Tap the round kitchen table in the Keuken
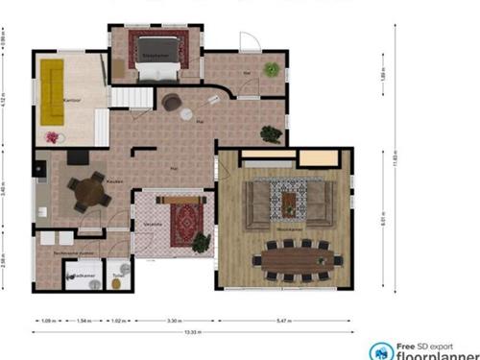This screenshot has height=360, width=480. tap(89, 191)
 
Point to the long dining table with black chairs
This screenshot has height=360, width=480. tap(297, 258)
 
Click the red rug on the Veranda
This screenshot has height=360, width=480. tap(183, 224)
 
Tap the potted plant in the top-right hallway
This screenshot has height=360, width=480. tap(273, 69)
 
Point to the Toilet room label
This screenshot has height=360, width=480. tap(118, 275)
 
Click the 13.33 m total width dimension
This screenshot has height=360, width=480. tap(193, 332)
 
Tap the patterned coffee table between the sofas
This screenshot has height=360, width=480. tap(288, 199)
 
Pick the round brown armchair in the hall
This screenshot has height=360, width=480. tap(172, 102)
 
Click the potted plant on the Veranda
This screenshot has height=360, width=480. tap(201, 242)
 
